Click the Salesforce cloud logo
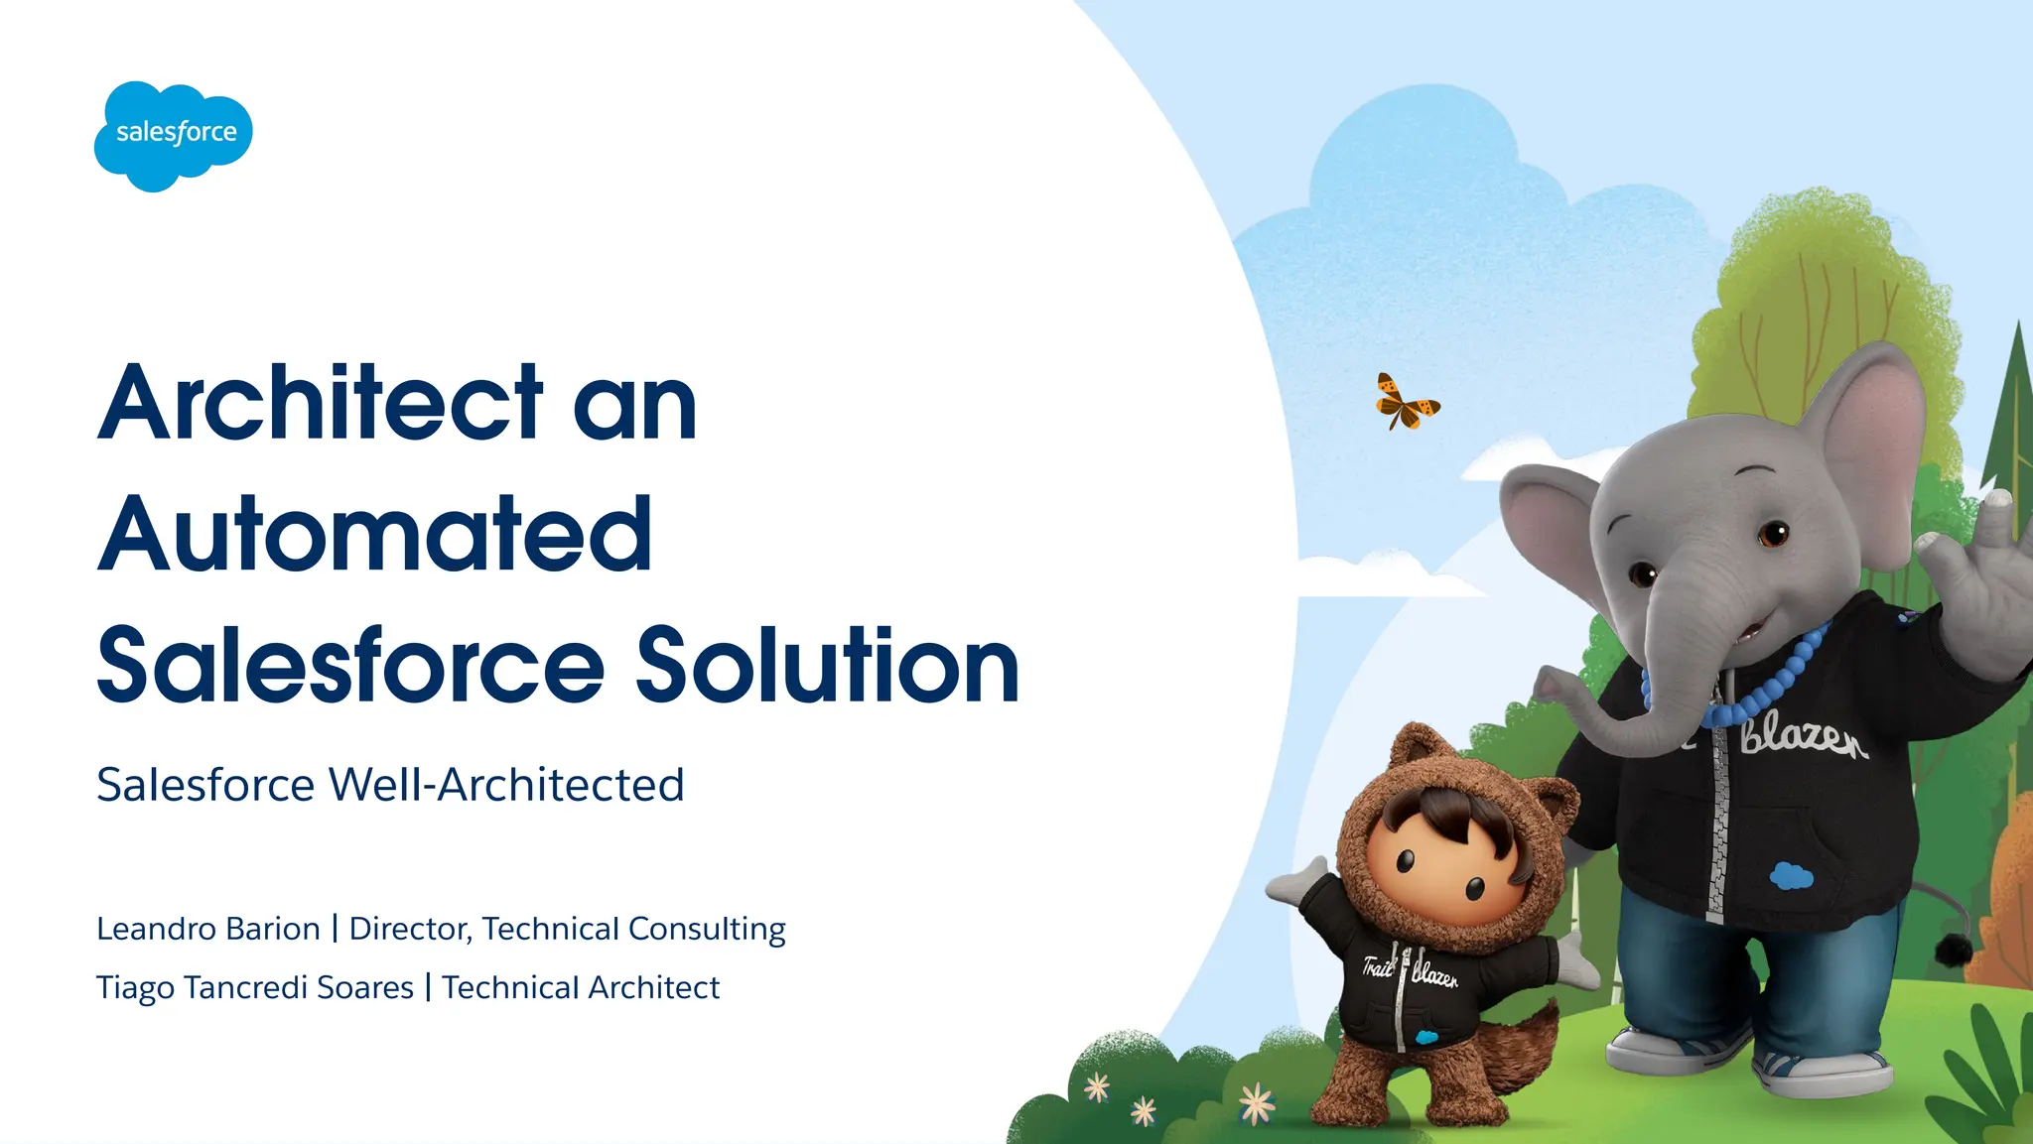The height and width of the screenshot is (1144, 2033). pos(174,135)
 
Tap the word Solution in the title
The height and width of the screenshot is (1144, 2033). pos(827,666)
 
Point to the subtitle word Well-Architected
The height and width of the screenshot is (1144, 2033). pos(506,785)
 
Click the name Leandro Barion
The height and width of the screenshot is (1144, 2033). pos(208,929)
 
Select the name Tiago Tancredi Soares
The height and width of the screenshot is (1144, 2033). pos(255,988)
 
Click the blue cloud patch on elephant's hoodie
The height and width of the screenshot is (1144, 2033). pos(1791,876)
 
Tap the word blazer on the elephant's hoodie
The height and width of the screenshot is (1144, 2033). pos(1803,738)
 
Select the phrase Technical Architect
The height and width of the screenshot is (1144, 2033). pos(581,988)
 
